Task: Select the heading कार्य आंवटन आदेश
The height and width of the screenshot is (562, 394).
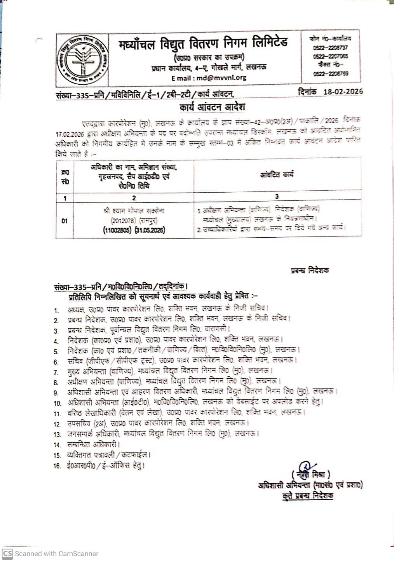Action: [x=212, y=107]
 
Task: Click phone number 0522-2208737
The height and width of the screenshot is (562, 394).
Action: [x=330, y=48]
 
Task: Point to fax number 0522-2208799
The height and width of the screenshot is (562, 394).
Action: [x=330, y=74]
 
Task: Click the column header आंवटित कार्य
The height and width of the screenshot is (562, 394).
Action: [x=277, y=175]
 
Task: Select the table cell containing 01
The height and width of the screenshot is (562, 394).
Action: [x=65, y=221]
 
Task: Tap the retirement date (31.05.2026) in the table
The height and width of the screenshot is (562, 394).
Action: [x=150, y=230]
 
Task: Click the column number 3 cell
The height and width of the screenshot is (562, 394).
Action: [x=277, y=197]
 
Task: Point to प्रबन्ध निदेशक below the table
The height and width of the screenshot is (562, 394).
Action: [x=309, y=270]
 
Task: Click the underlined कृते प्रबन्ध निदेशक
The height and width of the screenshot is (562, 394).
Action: [x=307, y=496]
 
